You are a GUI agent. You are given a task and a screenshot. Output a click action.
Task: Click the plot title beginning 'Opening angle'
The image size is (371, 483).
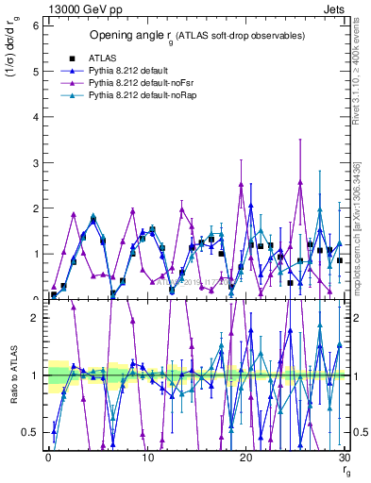[x=196, y=36]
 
